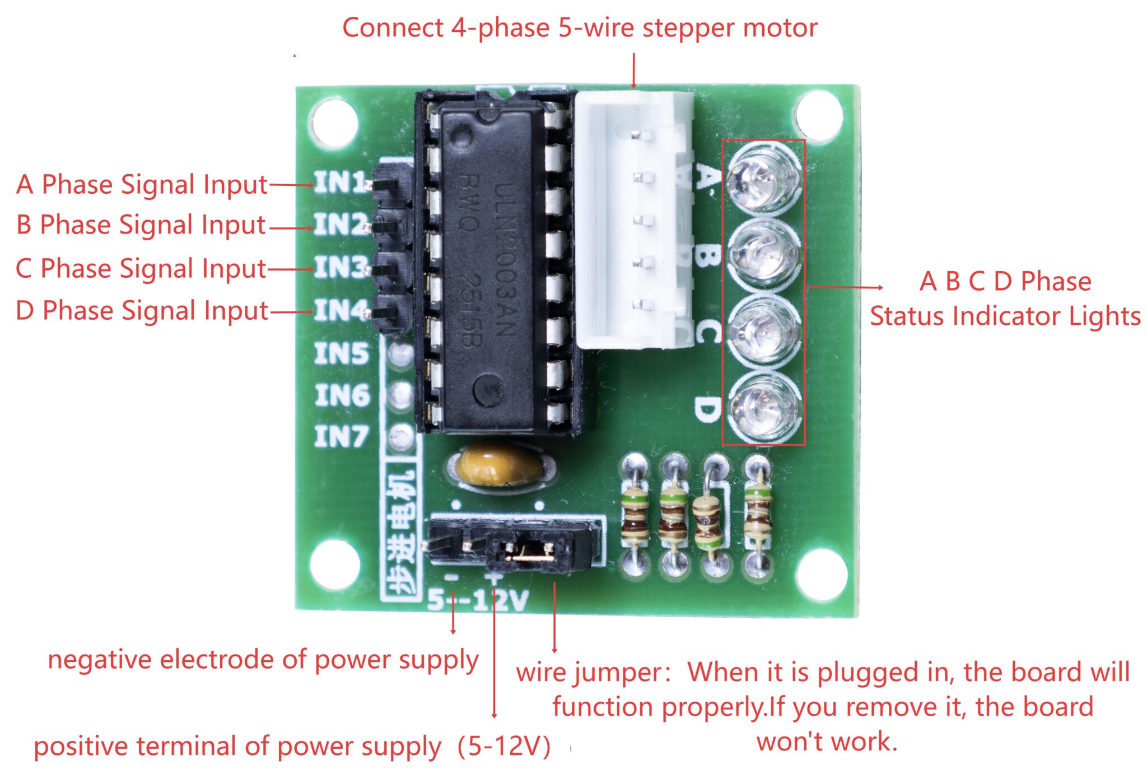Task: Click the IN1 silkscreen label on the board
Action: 339,183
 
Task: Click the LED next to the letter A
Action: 763,179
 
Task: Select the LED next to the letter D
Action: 763,408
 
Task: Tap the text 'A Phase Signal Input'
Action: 142,184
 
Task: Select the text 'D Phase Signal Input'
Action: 142,311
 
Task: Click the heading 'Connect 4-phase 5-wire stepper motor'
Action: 580,27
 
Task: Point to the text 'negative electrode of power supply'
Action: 263,660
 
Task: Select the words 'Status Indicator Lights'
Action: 1005,316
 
